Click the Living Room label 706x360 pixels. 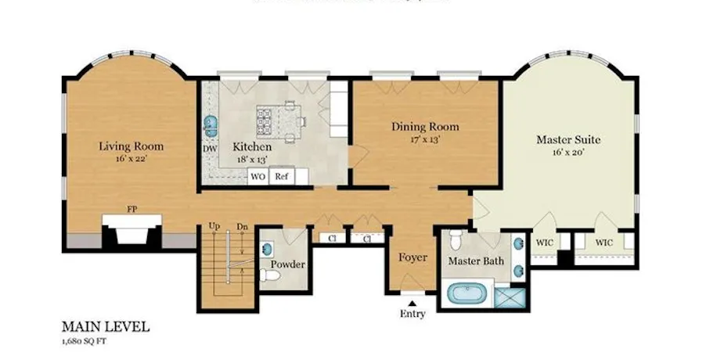[131, 146]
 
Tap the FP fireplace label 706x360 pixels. [131, 210]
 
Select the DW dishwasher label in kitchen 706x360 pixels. [210, 148]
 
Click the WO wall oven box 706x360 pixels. [258, 177]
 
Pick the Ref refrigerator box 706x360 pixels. [282, 177]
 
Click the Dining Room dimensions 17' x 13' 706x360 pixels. [425, 139]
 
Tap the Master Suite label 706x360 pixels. [568, 140]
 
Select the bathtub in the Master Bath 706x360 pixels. [468, 296]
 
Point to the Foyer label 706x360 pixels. [412, 257]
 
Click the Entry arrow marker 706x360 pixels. [412, 302]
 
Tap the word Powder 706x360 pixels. [287, 265]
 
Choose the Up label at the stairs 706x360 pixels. [213, 227]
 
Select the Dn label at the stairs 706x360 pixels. [243, 227]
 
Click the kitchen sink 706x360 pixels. [210, 125]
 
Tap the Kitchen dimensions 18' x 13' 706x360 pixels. [252, 159]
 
